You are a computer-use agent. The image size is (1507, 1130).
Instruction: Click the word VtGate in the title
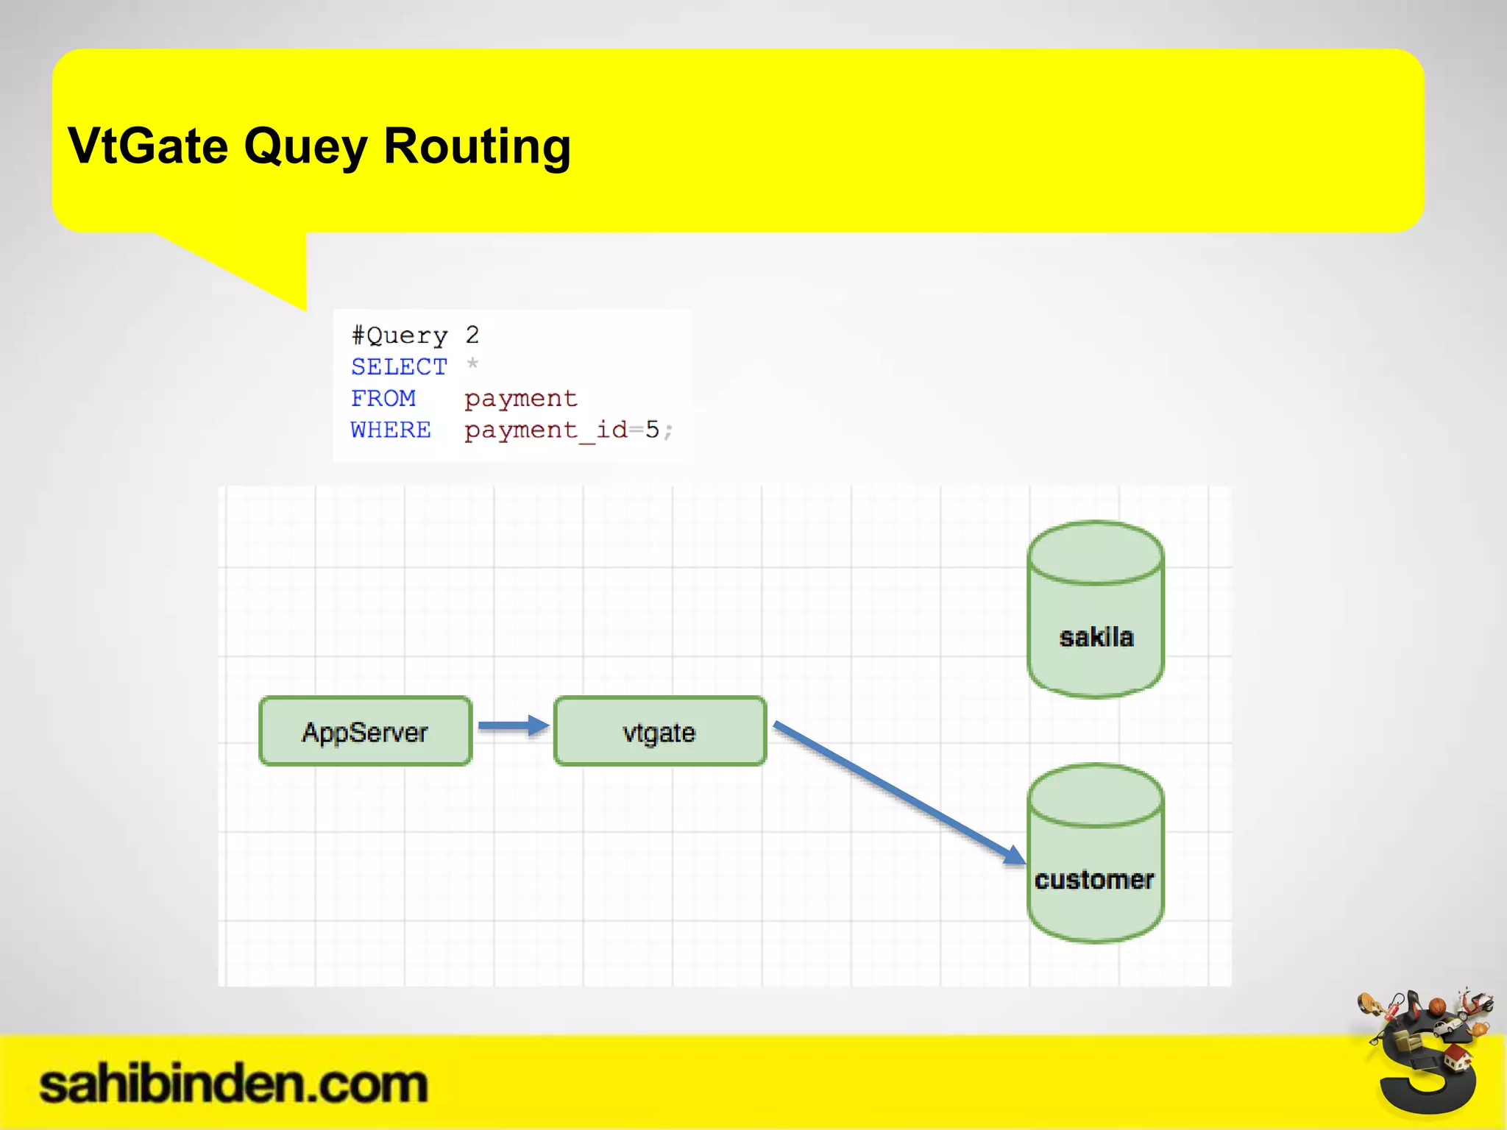(x=147, y=146)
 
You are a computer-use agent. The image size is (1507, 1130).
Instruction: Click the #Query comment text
(x=400, y=335)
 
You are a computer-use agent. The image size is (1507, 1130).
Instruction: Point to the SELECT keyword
(x=399, y=366)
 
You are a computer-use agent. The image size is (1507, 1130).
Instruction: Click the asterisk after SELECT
(x=472, y=364)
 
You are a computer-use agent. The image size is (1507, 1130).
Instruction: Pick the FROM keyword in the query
(x=383, y=398)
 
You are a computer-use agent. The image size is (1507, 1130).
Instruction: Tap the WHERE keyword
(x=391, y=430)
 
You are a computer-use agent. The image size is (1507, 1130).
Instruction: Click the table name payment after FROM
(x=520, y=399)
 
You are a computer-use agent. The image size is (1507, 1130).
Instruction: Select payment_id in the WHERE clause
(x=545, y=430)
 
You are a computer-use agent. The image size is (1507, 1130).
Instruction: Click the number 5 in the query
(x=652, y=430)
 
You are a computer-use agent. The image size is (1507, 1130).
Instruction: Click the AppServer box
(x=365, y=731)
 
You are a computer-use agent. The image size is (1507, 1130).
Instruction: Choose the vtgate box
(x=659, y=731)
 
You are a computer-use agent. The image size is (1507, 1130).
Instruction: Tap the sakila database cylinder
(x=1095, y=611)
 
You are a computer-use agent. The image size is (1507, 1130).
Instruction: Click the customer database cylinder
(x=1095, y=853)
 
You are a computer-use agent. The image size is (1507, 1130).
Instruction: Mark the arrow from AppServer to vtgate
(x=513, y=726)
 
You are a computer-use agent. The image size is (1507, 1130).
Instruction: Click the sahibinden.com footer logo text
(x=233, y=1084)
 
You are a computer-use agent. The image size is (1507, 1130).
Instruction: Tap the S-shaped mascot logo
(x=1426, y=1059)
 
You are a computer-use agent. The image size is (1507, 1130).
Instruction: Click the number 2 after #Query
(x=472, y=335)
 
